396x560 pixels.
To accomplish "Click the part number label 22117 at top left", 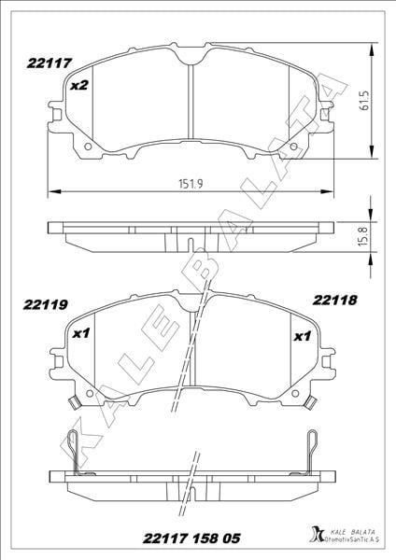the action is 49,63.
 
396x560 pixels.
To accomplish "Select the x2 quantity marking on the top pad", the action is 79,85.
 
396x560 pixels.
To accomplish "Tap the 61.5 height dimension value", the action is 364,100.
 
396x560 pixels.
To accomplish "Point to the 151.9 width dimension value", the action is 191,184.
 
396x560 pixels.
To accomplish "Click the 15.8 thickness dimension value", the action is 363,236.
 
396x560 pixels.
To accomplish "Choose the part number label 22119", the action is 46,304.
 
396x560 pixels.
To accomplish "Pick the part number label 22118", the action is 335,300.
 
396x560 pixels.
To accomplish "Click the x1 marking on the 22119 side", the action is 80,333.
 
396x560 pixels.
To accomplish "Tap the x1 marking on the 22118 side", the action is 303,336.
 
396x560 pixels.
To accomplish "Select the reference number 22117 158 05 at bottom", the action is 191,539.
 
